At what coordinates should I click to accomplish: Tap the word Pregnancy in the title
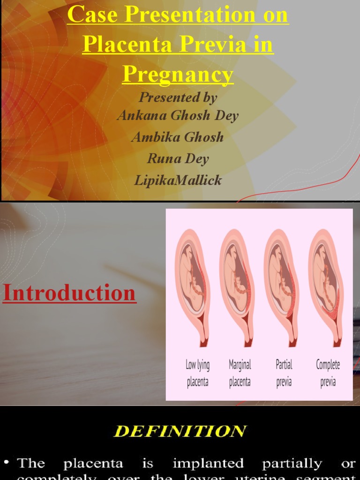tap(178, 74)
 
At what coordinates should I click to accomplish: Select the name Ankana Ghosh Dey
tap(178, 115)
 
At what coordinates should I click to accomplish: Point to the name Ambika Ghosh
tap(178, 137)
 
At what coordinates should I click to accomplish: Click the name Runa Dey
tap(178, 158)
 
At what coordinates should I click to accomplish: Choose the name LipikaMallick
tap(178, 180)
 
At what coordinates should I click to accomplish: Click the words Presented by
tap(178, 97)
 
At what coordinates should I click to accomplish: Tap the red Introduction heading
tap(69, 293)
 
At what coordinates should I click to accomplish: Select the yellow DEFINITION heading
tap(180, 431)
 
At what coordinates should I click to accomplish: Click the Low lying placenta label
tap(198, 373)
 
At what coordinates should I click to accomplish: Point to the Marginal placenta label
tap(240, 373)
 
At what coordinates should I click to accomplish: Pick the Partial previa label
tap(284, 373)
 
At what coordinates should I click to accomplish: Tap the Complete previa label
tap(328, 373)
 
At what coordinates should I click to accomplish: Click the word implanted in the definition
tap(208, 464)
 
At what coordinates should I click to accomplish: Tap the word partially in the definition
tap(292, 464)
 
